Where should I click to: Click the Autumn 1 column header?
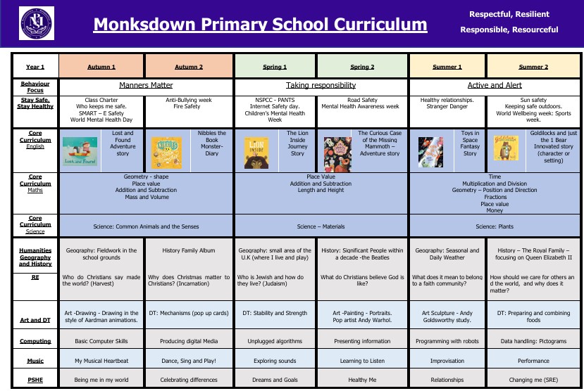(102, 67)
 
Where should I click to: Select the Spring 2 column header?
(362, 67)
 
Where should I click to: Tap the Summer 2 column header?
(533, 67)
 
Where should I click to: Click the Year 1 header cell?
(35, 67)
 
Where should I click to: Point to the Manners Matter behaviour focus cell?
(146, 86)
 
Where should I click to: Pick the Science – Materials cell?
(321, 226)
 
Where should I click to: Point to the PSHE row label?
(35, 380)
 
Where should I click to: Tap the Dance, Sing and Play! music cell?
(189, 361)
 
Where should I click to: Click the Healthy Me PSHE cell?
(362, 380)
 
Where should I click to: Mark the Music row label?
(35, 361)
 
